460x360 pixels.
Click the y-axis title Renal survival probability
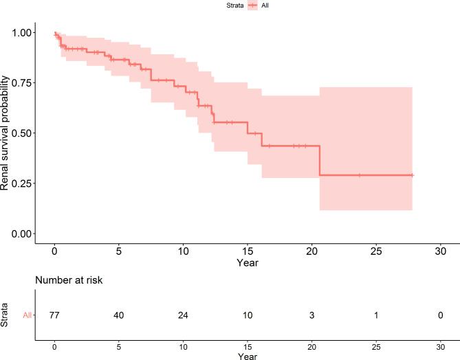click(x=6, y=133)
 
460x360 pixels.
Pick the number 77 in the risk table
click(x=54, y=315)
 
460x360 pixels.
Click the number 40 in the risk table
click(x=118, y=315)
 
